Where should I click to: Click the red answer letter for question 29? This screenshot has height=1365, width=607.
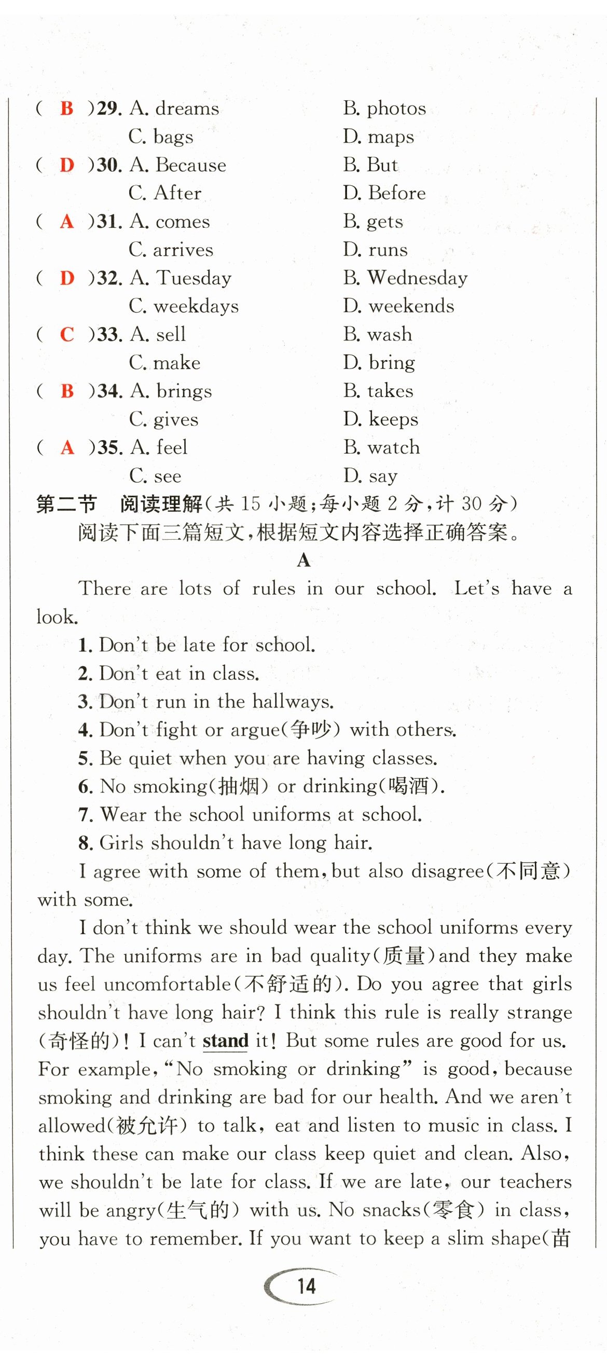click(x=67, y=108)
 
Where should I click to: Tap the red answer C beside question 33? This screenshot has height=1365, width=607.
click(x=67, y=335)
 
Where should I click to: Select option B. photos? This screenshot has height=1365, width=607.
click(x=384, y=108)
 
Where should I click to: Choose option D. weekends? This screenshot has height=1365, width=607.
click(x=398, y=306)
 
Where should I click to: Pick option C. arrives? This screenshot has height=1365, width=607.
click(x=171, y=250)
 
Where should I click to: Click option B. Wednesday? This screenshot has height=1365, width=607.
click(x=405, y=278)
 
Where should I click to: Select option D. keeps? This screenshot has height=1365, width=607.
click(x=380, y=420)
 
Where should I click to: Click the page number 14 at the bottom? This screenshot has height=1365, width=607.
click(x=306, y=1287)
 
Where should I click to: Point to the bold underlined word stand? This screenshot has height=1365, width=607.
click(x=226, y=1041)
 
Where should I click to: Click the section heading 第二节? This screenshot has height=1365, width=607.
click(x=67, y=504)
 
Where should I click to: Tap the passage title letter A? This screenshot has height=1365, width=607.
click(x=303, y=560)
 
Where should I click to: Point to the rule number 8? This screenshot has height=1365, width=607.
click(x=85, y=843)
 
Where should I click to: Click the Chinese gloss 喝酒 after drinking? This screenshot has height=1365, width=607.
click(x=408, y=786)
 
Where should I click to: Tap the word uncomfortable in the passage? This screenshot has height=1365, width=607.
click(x=167, y=984)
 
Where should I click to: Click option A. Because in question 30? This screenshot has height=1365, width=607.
click(x=177, y=166)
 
